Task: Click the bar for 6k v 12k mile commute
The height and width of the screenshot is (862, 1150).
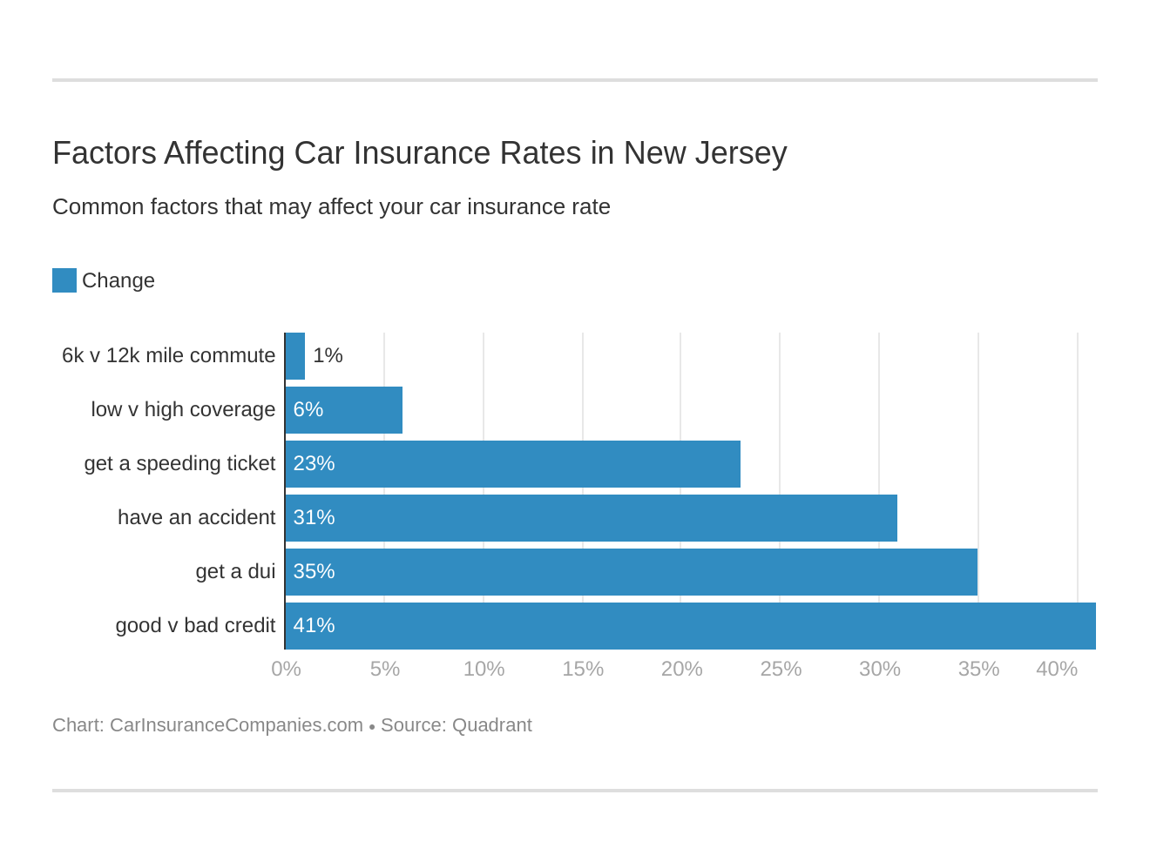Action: (295, 356)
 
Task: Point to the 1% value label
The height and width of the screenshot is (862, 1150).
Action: (328, 356)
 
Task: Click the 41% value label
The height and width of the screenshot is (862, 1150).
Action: (314, 626)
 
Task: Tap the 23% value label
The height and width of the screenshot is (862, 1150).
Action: (314, 464)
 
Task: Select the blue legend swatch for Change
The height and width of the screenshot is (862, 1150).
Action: (64, 280)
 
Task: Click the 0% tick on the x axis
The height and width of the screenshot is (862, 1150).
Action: (286, 669)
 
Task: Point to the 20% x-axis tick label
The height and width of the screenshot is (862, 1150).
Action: (681, 669)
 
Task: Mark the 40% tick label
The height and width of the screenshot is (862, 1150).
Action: (1056, 669)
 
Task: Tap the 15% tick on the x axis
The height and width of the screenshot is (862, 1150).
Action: (583, 669)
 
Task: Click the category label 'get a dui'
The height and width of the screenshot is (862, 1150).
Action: (235, 572)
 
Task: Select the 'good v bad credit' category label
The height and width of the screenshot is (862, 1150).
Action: (195, 626)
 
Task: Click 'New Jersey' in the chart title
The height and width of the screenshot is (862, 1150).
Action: (705, 153)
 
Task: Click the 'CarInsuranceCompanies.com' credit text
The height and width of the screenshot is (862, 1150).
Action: (236, 725)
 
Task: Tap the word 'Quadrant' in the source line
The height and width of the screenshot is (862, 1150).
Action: (491, 725)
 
